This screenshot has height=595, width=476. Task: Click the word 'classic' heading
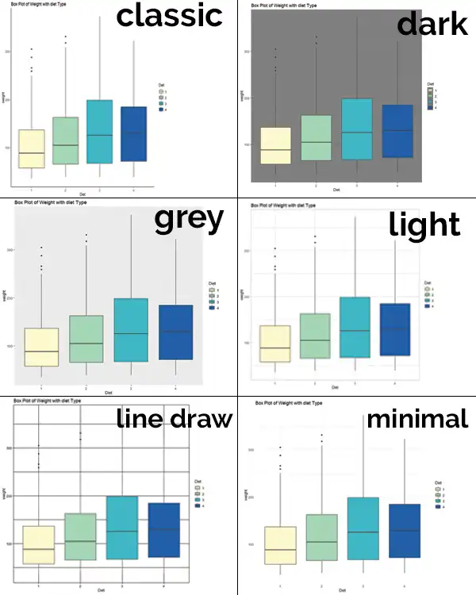(x=169, y=16)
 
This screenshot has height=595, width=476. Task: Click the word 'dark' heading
(x=432, y=25)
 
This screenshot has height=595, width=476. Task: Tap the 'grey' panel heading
(x=188, y=220)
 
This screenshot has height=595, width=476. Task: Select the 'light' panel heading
(x=424, y=225)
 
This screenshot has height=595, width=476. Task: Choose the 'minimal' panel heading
(x=416, y=418)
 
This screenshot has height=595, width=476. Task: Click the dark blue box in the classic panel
(x=133, y=134)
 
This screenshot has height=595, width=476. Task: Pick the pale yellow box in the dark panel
(x=274, y=145)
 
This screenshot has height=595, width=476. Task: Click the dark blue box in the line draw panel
(x=163, y=530)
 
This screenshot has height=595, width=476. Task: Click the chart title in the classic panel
(x=37, y=6)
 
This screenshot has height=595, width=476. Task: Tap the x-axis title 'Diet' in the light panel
(x=335, y=388)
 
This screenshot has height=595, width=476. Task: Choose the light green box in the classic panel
(x=65, y=140)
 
